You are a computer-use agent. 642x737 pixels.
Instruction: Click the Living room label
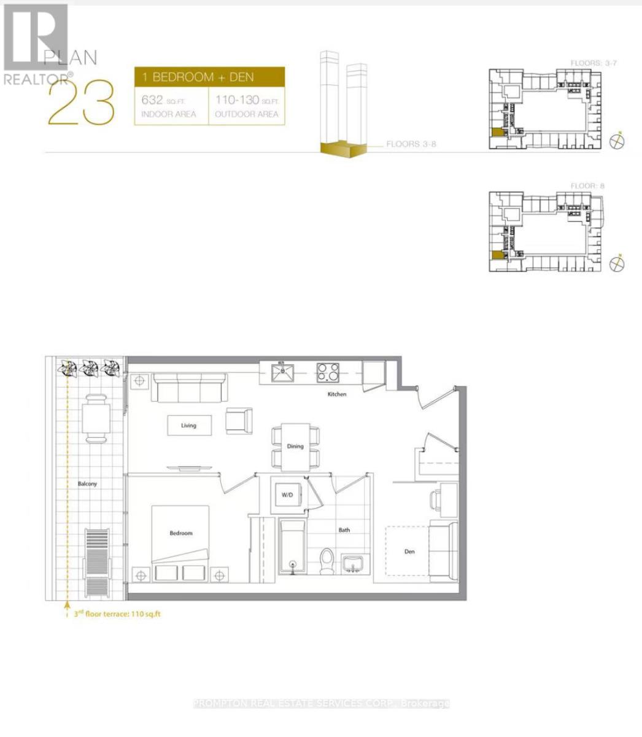[x=188, y=425]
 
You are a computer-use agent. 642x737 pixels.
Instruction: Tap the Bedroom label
[x=181, y=533]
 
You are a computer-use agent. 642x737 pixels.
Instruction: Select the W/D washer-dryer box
[x=287, y=494]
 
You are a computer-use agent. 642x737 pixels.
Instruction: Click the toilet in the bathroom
[x=328, y=559]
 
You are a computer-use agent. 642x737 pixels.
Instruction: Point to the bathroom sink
[x=353, y=564]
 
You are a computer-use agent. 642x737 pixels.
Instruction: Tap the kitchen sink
[x=282, y=372]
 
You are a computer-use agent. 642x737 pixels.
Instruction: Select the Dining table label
[x=295, y=446]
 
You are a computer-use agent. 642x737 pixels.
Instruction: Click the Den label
[x=409, y=552]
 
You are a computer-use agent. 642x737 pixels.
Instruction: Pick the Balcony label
[x=87, y=484]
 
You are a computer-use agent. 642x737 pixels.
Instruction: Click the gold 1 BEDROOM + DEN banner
[x=209, y=77]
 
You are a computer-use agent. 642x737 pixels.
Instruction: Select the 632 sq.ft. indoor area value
[x=152, y=99]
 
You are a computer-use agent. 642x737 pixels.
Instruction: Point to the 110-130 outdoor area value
[x=237, y=99]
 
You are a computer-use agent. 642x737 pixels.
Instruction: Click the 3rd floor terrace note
[x=114, y=614]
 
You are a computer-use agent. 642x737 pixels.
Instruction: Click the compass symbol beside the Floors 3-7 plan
[x=618, y=141]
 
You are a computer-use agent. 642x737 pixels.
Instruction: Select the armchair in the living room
[x=239, y=420]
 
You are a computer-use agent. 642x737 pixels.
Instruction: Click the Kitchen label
[x=336, y=394]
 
